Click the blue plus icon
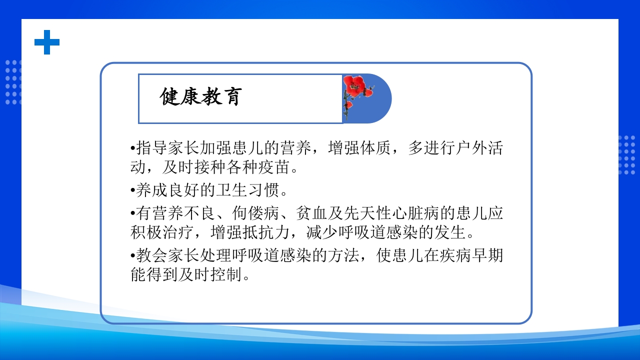point(47,42)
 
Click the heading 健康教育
point(201,97)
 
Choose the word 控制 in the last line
point(227,274)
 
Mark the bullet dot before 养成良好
point(133,191)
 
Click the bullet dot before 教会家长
point(133,256)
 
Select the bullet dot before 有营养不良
point(133,214)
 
